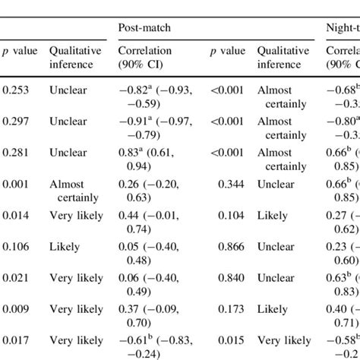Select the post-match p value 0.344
tap(231, 185)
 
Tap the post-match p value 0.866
tap(231, 247)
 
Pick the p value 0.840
tap(231, 278)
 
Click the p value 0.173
tap(231, 309)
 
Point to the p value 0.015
tap(231, 340)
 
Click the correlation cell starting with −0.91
tap(155, 128)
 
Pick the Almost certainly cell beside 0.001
tap(76, 191)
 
